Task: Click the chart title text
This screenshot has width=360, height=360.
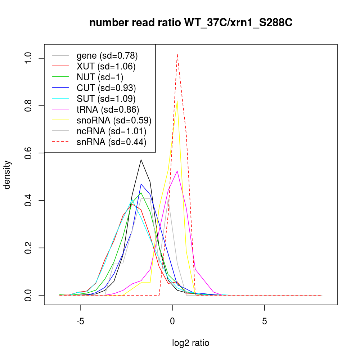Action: (191, 23)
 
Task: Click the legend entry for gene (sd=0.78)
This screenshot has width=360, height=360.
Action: (107, 55)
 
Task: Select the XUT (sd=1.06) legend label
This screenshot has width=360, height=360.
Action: (106, 66)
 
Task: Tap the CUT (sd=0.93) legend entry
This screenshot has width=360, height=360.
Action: (106, 88)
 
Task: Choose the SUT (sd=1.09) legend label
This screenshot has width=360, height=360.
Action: (106, 99)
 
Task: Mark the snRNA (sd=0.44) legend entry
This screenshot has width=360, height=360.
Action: (111, 142)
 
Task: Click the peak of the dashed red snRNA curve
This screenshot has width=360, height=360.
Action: (177, 54)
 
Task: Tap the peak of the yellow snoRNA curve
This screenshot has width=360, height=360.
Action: (177, 101)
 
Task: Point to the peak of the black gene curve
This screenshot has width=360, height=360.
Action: (141, 159)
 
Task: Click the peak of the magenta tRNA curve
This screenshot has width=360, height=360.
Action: (177, 171)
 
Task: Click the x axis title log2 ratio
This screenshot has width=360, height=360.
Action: (190, 343)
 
